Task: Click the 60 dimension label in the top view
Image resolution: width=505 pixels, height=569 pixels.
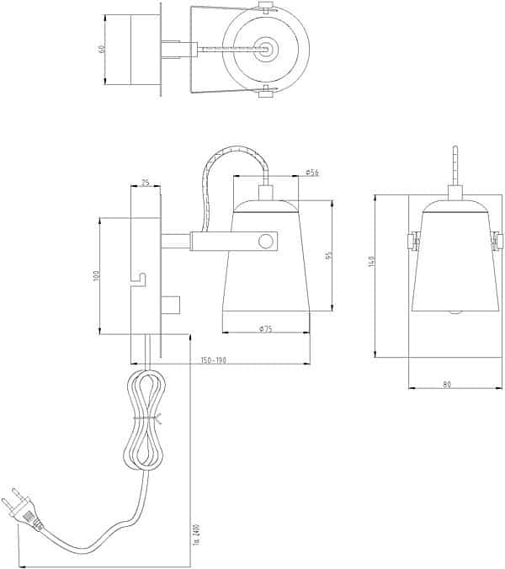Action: [x=102, y=49]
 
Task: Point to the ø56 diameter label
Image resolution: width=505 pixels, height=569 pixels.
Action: [x=311, y=173]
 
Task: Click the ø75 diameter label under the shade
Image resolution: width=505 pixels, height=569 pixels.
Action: [x=267, y=328]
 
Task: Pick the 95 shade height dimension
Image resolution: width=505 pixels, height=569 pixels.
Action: [x=330, y=256]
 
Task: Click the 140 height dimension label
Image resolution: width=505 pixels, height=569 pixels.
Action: [x=369, y=263]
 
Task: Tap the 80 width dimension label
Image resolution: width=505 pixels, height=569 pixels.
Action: [x=447, y=385]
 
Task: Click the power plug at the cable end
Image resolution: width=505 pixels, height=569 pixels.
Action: [x=24, y=510]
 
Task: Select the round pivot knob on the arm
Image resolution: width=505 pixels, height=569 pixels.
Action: [x=267, y=242]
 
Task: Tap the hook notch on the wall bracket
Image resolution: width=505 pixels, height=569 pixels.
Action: [x=141, y=276]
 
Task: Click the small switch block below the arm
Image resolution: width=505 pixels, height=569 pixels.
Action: [x=173, y=303]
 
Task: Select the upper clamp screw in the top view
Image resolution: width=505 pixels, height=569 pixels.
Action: [x=267, y=9]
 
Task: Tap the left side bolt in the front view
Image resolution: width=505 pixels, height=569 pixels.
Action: [x=413, y=242]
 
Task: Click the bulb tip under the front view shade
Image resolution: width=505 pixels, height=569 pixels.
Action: [x=454, y=312]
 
